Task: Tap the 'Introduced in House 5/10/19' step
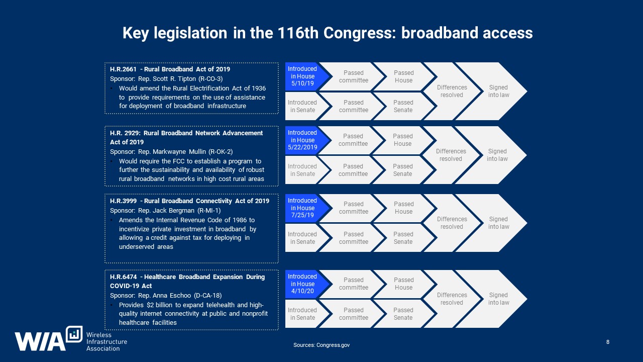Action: pyautogui.click(x=304, y=76)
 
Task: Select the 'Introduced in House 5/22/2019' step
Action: pyautogui.click(x=304, y=140)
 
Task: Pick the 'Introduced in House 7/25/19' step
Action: pyautogui.click(x=304, y=208)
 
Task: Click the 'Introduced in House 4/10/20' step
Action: pyautogui.click(x=304, y=284)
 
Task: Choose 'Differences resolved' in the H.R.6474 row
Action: pyautogui.click(x=452, y=299)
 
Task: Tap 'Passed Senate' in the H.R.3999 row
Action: pyautogui.click(x=403, y=238)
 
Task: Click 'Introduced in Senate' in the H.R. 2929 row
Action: pyautogui.click(x=302, y=170)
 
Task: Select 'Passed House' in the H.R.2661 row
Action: pyautogui.click(x=403, y=76)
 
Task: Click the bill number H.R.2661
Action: pyautogui.click(x=123, y=69)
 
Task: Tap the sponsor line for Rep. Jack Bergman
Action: pyautogui.click(x=165, y=211)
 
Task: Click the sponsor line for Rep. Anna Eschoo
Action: pyautogui.click(x=166, y=296)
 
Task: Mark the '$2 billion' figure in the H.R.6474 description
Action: pyautogui.click(x=159, y=305)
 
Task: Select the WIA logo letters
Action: pyautogui.click(x=40, y=341)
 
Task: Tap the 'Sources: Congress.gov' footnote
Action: pyautogui.click(x=321, y=345)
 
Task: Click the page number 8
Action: pyautogui.click(x=608, y=342)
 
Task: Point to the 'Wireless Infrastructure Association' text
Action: pyautogui.click(x=106, y=341)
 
